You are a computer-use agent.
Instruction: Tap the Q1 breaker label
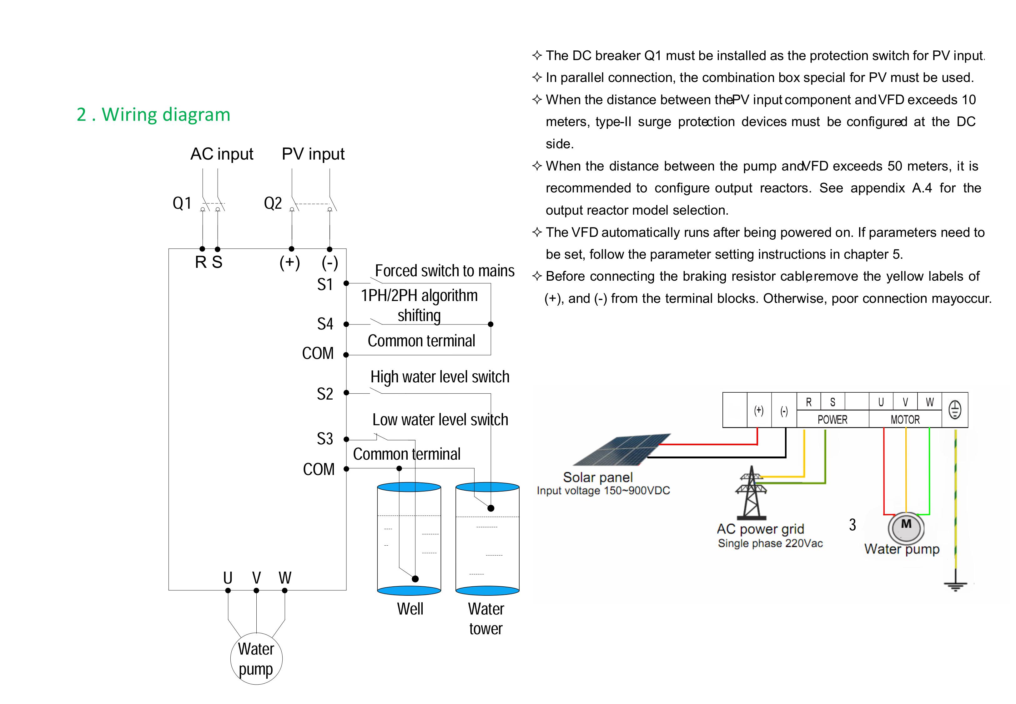pyautogui.click(x=182, y=203)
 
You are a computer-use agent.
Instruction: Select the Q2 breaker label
pyautogui.click(x=273, y=203)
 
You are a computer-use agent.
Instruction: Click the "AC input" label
pyautogui.click(x=222, y=154)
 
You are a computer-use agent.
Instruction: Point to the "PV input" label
pyautogui.click(x=313, y=154)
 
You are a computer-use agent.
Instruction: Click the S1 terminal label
pyautogui.click(x=325, y=284)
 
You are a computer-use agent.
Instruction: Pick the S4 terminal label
pyautogui.click(x=325, y=324)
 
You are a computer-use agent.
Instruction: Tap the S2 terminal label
pyautogui.click(x=325, y=394)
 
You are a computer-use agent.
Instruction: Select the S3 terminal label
pyautogui.click(x=325, y=439)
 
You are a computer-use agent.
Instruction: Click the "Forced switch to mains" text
pyautogui.click(x=445, y=270)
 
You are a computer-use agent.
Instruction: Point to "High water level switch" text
pyautogui.click(x=440, y=377)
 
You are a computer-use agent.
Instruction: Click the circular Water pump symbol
pyautogui.click(x=256, y=659)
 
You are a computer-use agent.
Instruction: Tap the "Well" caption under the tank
pyautogui.click(x=410, y=609)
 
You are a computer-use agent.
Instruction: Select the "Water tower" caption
pyautogui.click(x=486, y=619)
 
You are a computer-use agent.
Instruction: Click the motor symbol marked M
pyautogui.click(x=906, y=527)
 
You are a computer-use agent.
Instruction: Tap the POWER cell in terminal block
pyautogui.click(x=832, y=420)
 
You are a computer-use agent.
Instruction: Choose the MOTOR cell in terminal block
pyautogui.click(x=905, y=420)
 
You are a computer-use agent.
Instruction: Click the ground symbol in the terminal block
pyautogui.click(x=954, y=410)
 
